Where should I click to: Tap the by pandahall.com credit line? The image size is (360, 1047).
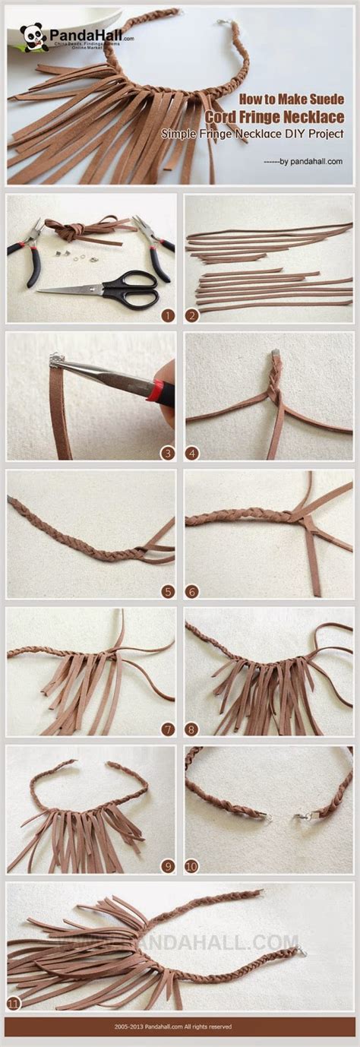pyautogui.click(x=302, y=161)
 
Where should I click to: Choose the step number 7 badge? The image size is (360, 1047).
pyautogui.click(x=168, y=729)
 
